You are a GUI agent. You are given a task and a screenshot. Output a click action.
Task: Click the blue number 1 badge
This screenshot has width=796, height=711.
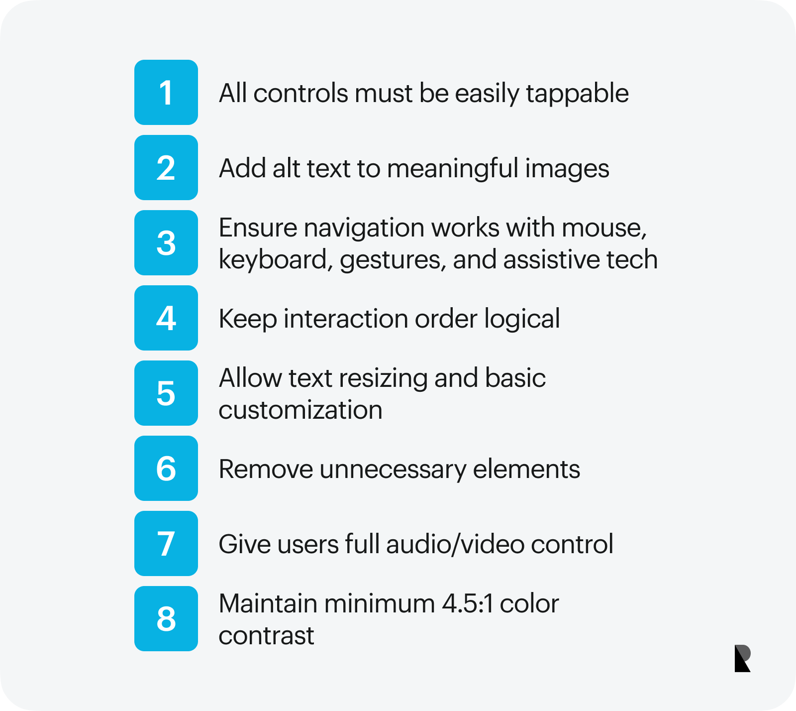click(166, 93)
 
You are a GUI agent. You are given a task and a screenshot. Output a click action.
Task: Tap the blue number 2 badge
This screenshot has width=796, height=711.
click(166, 168)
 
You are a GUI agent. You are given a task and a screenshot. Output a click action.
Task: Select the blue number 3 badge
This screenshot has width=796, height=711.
click(166, 243)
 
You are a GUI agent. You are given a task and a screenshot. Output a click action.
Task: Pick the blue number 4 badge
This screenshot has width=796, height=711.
click(166, 318)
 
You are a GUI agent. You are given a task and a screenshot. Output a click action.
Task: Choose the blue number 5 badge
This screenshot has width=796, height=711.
click(166, 393)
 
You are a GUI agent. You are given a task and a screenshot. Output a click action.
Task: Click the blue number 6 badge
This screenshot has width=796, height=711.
click(166, 469)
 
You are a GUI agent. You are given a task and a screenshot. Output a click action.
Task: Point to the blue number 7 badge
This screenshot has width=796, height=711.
click(166, 544)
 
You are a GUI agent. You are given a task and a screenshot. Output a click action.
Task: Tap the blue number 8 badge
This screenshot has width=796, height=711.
click(166, 619)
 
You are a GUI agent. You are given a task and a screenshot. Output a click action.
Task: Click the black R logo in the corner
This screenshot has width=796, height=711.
click(743, 658)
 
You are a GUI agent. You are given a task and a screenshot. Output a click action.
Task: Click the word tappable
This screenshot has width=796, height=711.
click(577, 94)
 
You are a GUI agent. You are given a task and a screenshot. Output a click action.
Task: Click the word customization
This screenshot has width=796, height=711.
click(300, 410)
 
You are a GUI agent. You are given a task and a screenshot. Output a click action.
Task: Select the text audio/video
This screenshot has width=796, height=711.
click(455, 544)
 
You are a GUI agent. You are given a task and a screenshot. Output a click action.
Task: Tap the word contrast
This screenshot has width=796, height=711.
click(266, 636)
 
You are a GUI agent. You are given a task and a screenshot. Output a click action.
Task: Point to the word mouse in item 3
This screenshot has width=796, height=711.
click(604, 229)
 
